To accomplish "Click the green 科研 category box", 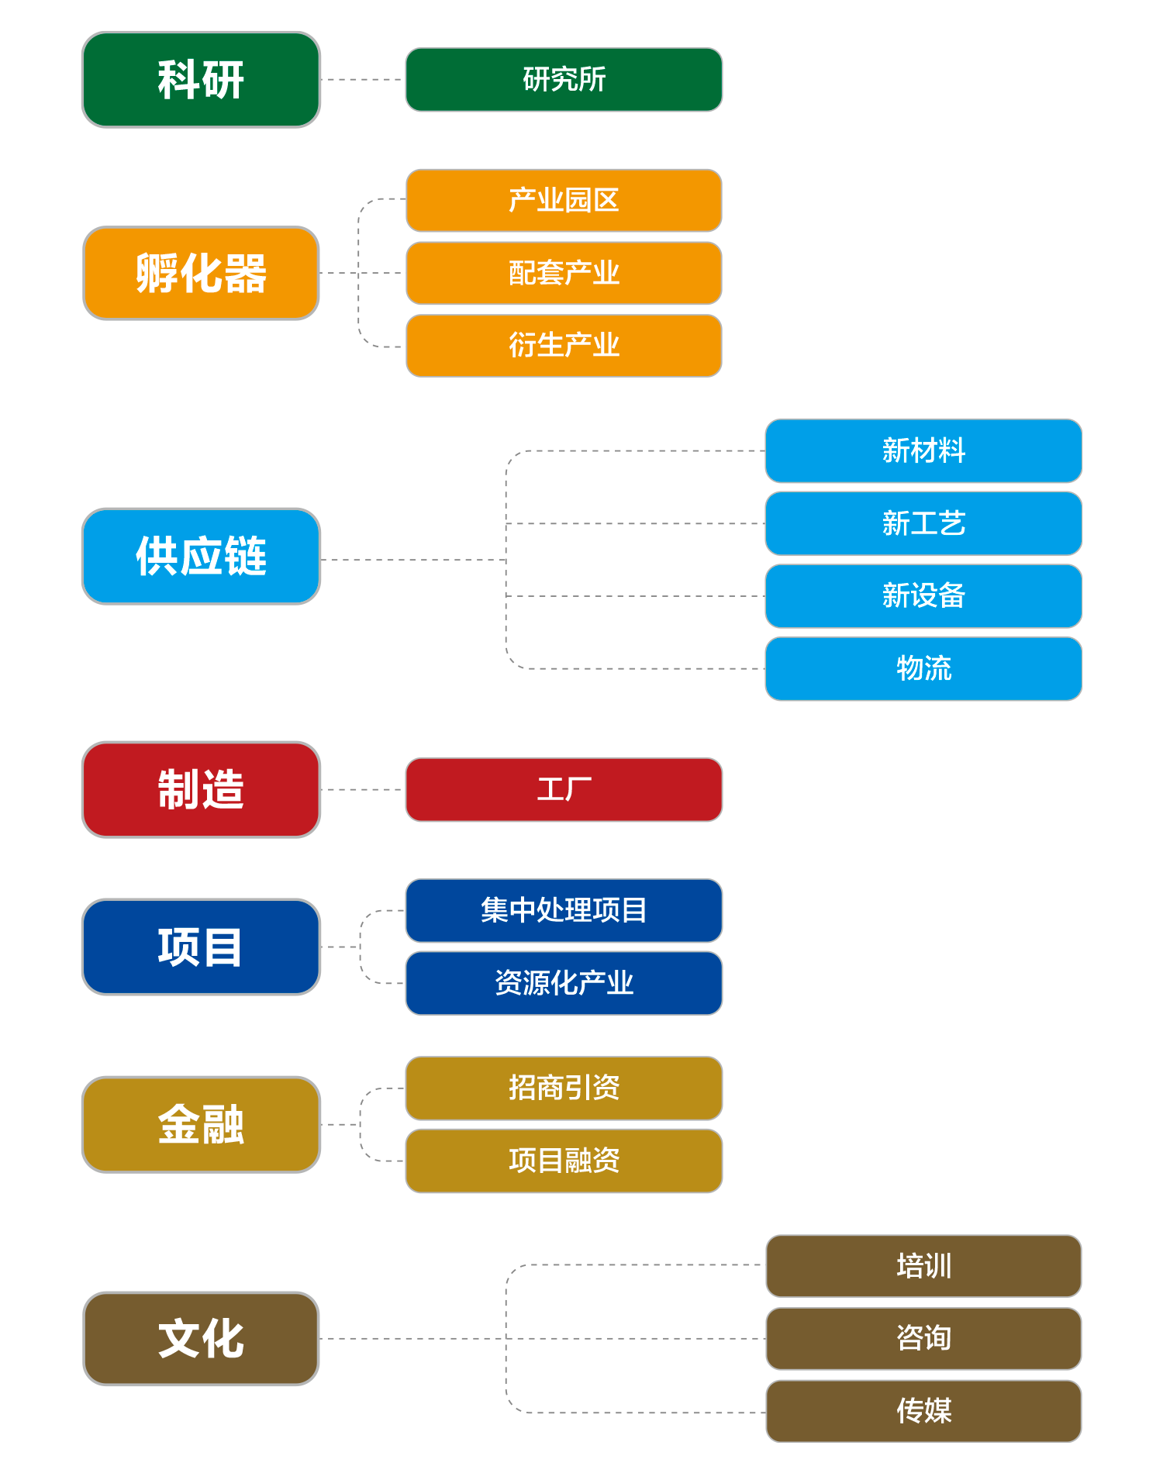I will [201, 79].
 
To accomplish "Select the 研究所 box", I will [564, 79].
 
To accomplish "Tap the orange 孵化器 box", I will [201, 273].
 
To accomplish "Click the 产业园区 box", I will [564, 200].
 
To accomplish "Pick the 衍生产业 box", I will [564, 346].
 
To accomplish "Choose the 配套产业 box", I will [564, 273].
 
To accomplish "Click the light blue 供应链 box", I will [201, 556].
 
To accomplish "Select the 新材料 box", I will [923, 450].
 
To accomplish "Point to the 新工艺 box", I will [923, 523].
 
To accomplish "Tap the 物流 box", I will [923, 668].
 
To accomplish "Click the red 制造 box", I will [201, 789].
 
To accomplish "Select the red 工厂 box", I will [564, 789].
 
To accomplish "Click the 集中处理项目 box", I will [564, 910].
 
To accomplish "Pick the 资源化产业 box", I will [564, 983].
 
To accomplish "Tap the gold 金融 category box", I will [201, 1124].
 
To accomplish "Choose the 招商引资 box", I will [564, 1088].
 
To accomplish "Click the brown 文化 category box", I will [201, 1338].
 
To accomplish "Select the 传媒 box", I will [923, 1411].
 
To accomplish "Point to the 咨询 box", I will [923, 1338].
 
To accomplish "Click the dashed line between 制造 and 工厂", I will [363, 789].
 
